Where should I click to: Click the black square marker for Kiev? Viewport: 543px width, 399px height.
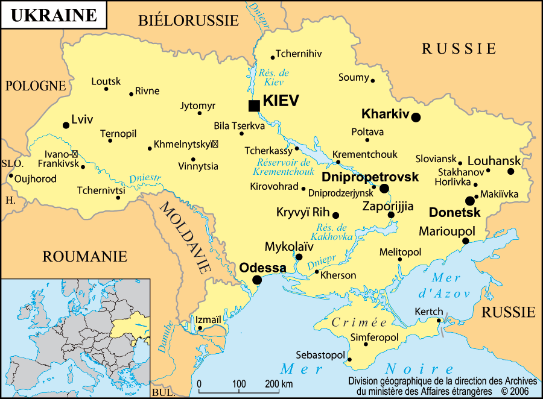coord(254,106)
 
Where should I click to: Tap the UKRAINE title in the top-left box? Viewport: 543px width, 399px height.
coord(54,15)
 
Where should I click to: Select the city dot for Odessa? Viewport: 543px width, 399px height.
coord(257,280)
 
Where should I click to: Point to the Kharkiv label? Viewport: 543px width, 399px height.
coord(385,113)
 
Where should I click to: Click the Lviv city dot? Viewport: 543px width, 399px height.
coord(66,125)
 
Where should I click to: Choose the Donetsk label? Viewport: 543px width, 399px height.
coord(454,213)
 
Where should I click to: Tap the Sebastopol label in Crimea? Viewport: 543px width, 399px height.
coord(320,355)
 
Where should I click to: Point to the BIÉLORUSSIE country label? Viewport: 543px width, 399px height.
coord(188,21)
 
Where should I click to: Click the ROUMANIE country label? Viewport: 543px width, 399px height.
coord(84,256)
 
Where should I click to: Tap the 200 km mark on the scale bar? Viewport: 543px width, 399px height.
coord(279,385)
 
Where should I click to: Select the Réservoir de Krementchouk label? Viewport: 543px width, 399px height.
coord(283,167)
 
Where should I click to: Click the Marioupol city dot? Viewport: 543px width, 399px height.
coord(465,241)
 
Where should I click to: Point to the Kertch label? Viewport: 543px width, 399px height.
coord(428,312)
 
